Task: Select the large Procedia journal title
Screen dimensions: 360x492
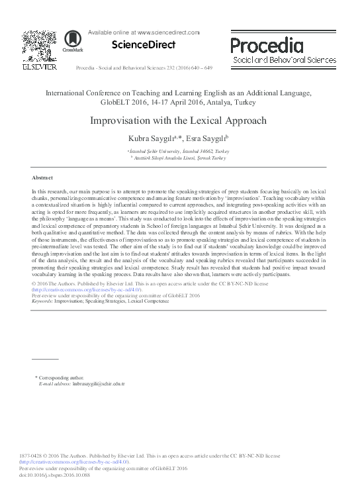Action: point(267,44)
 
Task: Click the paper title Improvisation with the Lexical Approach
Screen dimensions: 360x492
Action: point(180,121)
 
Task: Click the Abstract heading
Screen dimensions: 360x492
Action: point(42,178)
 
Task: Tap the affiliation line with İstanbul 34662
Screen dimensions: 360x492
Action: point(180,151)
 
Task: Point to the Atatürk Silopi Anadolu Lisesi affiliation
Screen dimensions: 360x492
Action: point(180,158)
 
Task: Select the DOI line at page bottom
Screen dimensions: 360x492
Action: point(59,475)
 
